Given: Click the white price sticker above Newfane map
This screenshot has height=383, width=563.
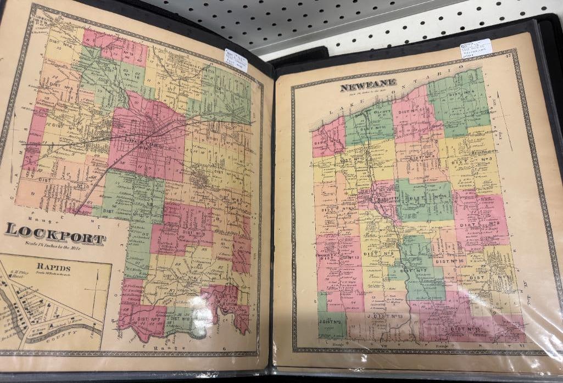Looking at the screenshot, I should click(x=476, y=48).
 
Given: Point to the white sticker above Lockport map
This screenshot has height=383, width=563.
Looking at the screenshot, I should click(x=236, y=60).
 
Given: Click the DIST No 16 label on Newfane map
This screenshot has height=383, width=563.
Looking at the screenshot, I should click(x=449, y=262).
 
